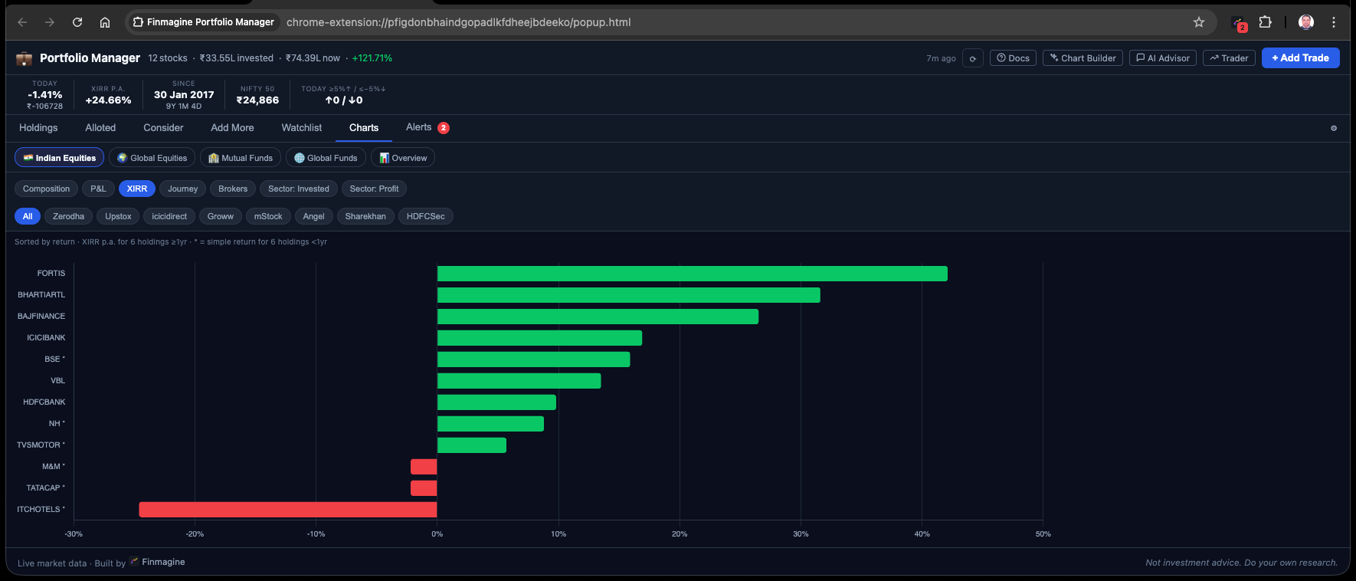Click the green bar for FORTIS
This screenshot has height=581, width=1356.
(692, 274)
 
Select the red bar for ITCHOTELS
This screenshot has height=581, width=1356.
(288, 510)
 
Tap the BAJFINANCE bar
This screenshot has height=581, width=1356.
(598, 317)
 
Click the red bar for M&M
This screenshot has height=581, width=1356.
(424, 467)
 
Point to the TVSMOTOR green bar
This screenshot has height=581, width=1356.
(471, 445)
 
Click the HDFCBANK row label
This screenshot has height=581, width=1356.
(44, 402)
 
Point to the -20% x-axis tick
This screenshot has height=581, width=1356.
(195, 534)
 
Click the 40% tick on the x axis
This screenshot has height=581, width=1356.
(922, 534)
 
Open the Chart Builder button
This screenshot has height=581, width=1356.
(1083, 58)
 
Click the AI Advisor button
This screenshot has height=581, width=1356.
(1162, 58)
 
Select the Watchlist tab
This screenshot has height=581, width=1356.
(301, 128)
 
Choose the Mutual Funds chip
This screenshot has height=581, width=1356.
(241, 158)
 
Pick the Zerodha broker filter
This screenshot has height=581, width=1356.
(68, 217)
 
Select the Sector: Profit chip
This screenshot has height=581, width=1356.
(374, 189)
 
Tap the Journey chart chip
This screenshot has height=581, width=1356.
(182, 189)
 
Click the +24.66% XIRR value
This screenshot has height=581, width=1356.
(108, 100)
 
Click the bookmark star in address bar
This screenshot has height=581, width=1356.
(1199, 22)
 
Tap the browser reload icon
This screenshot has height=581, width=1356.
(77, 22)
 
